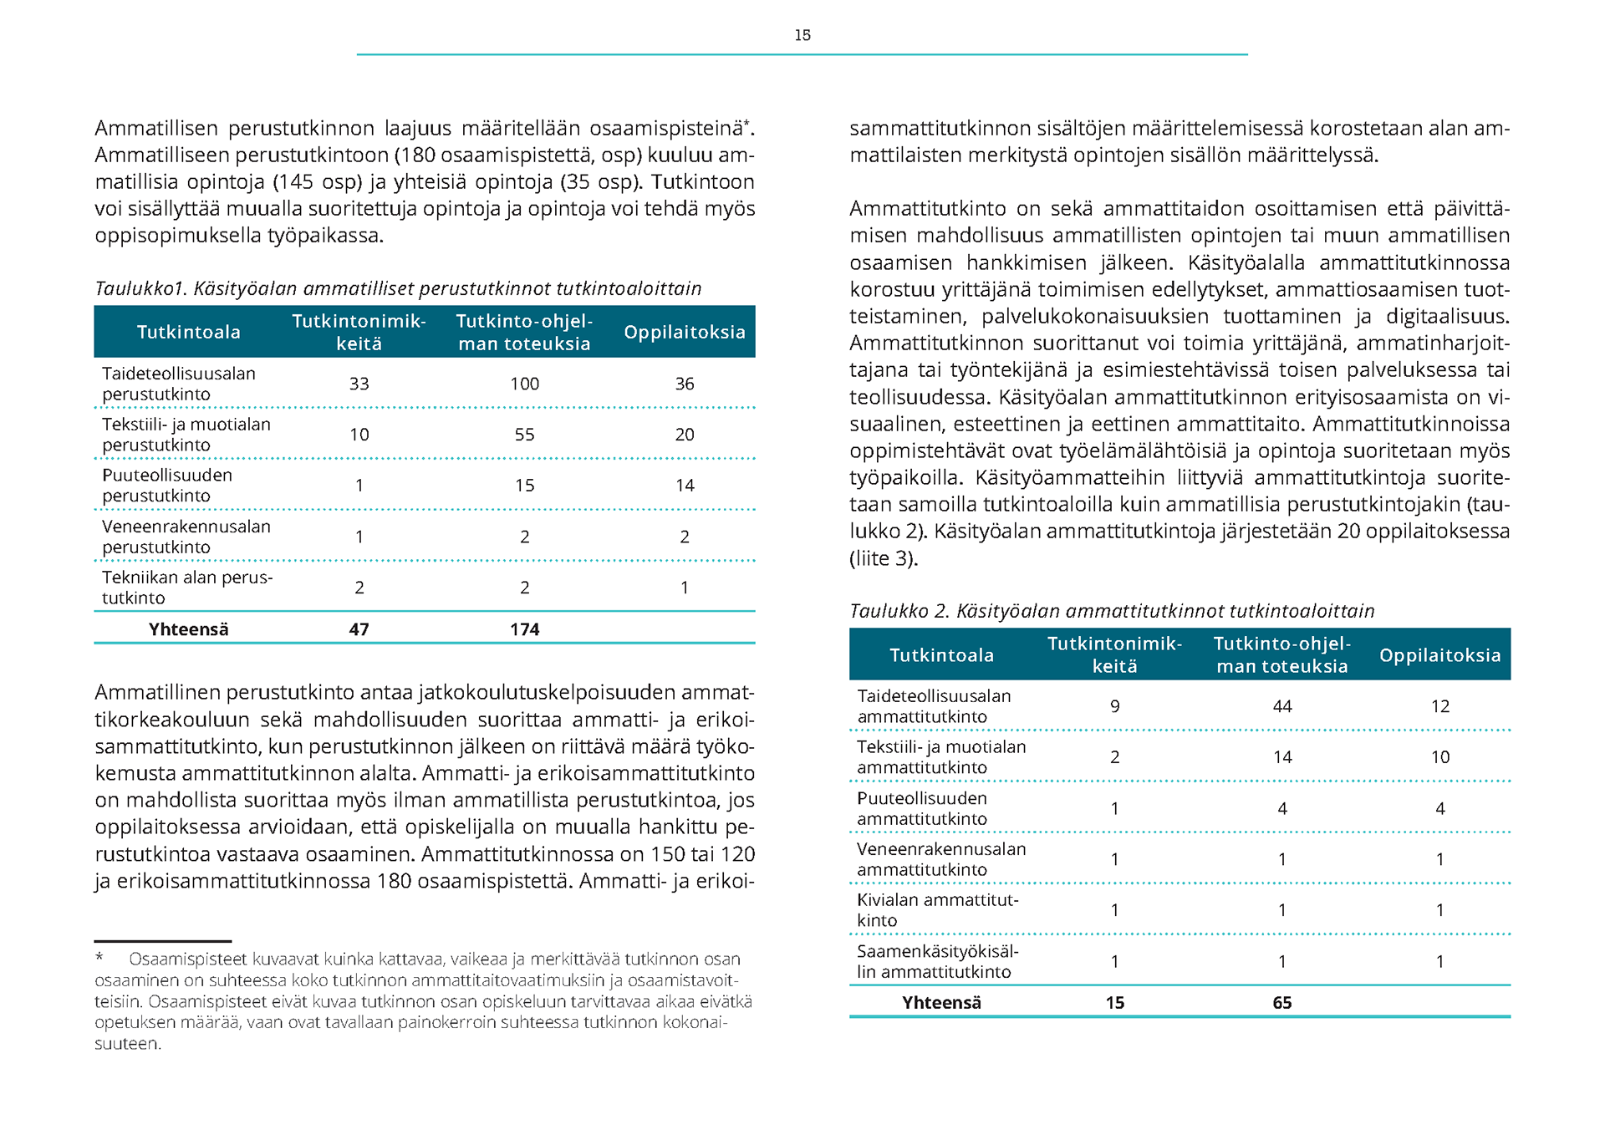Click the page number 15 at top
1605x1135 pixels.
[802, 35]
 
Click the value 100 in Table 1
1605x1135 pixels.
[524, 384]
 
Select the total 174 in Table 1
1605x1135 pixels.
[524, 629]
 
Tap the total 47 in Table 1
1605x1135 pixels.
[359, 629]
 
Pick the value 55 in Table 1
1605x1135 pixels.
[524, 435]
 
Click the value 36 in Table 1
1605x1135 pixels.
[685, 384]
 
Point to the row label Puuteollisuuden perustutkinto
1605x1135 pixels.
[167, 486]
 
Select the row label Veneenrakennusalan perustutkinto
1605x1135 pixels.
[186, 537]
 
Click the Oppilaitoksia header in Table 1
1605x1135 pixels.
[685, 332]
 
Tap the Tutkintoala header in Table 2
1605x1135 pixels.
[941, 655]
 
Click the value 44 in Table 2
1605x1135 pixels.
[1282, 706]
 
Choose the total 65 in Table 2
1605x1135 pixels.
[1282, 1003]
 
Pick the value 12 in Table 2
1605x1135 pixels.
[1439, 706]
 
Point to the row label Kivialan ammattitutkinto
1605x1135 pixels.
[937, 910]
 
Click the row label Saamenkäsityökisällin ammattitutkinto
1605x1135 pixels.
[937, 961]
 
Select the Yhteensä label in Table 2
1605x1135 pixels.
[941, 1003]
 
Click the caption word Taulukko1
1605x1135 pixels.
[140, 288]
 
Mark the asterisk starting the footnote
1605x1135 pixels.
[99, 958]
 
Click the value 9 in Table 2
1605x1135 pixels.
[1114, 706]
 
